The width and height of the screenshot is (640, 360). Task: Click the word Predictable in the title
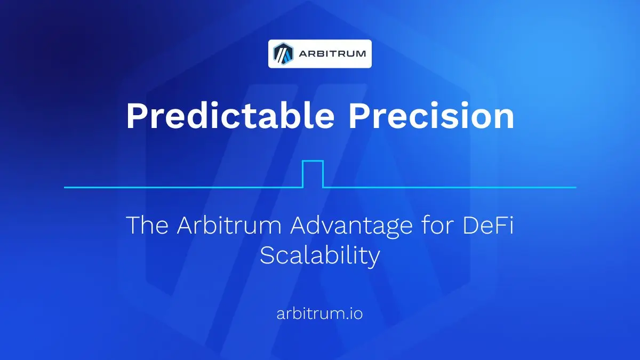pyautogui.click(x=230, y=115)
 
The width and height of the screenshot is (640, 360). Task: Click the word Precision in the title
pyautogui.click(x=431, y=115)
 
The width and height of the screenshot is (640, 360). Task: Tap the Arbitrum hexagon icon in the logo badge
pyautogui.click(x=283, y=54)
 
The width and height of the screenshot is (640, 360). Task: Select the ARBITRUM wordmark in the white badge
pyautogui.click(x=332, y=54)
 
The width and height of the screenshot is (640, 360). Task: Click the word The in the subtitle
pyautogui.click(x=147, y=225)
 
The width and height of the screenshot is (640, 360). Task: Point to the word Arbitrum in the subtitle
pyautogui.click(x=229, y=225)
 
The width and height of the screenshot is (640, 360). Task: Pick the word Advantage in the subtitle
pyautogui.click(x=351, y=228)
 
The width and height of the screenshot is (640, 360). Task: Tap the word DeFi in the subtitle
pyautogui.click(x=488, y=225)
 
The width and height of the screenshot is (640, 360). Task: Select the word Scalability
pyautogui.click(x=320, y=257)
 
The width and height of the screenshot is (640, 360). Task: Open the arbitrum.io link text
pyautogui.click(x=319, y=314)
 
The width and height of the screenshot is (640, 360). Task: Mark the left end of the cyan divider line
pyautogui.click(x=65, y=187)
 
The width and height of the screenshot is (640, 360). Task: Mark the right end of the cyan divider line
pyautogui.click(x=575, y=187)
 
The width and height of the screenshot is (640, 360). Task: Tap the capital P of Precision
pyautogui.click(x=358, y=115)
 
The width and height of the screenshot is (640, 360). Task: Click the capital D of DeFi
pyautogui.click(x=471, y=225)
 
